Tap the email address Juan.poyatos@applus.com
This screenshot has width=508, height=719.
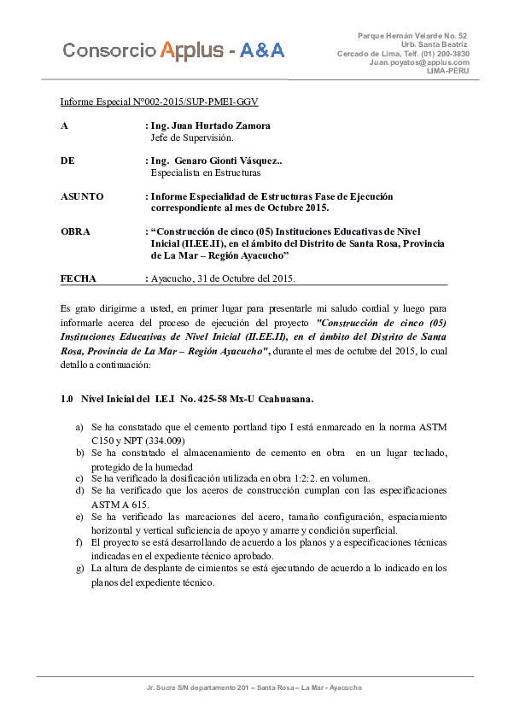(419, 62)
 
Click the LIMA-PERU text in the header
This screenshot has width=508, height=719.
(447, 71)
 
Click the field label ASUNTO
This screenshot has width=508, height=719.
(82, 196)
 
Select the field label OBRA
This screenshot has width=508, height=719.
(75, 231)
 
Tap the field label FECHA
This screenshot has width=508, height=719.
(79, 278)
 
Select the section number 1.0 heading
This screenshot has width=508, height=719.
(68, 399)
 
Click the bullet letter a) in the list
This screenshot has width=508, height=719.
(79, 427)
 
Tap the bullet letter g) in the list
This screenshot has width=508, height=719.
(79, 568)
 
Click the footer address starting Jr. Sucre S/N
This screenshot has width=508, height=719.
(254, 687)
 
